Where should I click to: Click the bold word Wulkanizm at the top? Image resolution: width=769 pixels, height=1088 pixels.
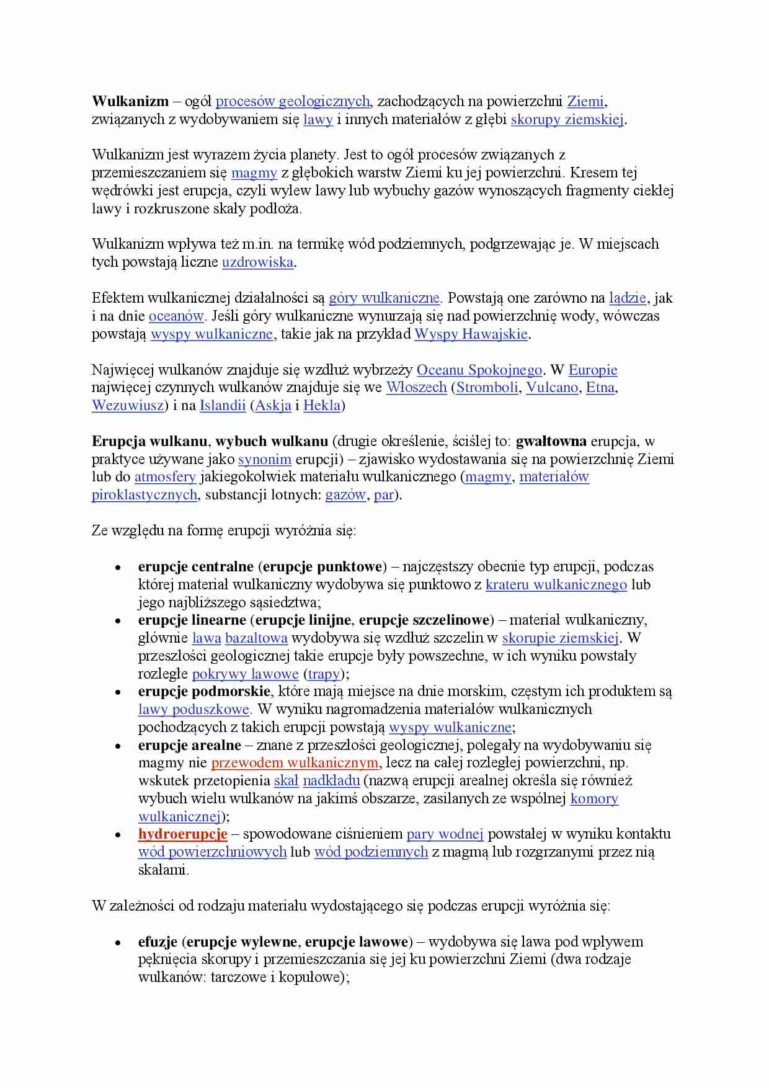coord(130,101)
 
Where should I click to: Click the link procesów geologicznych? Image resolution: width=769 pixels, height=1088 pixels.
coord(293,101)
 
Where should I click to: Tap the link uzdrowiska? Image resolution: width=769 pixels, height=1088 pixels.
coord(257,262)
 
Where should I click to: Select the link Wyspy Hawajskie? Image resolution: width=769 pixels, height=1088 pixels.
coord(471,334)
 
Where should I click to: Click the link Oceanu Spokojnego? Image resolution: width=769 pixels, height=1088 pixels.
coord(479,370)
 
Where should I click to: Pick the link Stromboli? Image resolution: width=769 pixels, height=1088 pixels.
coord(487,388)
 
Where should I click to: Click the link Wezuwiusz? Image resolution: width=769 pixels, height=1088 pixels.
coord(128,406)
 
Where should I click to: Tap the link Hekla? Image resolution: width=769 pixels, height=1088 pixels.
coord(322,406)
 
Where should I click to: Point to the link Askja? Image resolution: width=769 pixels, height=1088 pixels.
coord(273,406)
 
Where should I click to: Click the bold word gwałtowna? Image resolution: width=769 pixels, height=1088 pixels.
coord(551,441)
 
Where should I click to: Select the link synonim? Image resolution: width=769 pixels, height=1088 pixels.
coord(265,459)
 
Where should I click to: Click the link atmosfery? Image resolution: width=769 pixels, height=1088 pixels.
coord(165,477)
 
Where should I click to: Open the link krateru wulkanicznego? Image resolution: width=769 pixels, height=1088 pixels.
coord(556,584)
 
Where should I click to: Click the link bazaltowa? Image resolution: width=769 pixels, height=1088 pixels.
coord(256,638)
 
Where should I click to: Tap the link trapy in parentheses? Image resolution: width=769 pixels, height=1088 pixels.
coord(323,674)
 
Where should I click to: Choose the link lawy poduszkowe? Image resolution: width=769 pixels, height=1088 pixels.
coord(193,709)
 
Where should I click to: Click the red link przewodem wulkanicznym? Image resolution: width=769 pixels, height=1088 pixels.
coord(295,763)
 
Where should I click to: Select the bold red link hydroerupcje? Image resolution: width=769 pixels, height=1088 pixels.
coord(182,834)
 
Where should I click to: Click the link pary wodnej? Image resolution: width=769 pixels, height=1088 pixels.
coord(445,834)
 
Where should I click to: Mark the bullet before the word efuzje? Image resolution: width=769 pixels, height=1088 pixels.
coord(118,943)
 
